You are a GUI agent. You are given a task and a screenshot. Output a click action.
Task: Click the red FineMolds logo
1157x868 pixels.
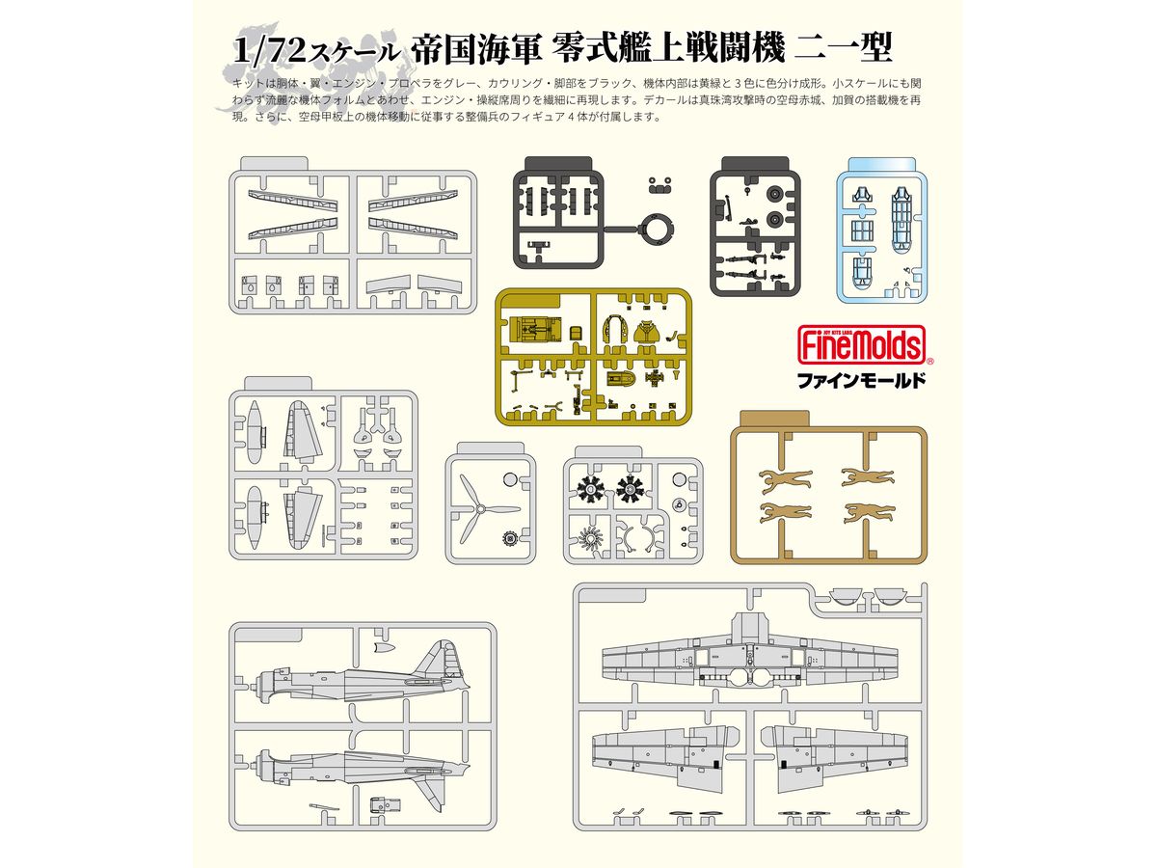pos(861,344)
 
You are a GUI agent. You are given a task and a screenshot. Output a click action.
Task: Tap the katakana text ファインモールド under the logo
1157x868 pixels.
pos(861,381)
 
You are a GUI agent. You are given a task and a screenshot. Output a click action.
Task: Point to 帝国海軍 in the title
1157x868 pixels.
pos(476,49)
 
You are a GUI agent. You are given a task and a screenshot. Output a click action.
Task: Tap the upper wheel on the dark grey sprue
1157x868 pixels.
pos(775,195)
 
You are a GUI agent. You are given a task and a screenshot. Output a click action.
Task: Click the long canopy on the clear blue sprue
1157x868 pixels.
pos(901,219)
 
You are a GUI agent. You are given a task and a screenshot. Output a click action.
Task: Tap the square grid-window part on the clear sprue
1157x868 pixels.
pos(862,230)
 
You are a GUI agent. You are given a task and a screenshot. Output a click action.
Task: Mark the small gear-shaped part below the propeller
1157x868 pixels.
pos(509,538)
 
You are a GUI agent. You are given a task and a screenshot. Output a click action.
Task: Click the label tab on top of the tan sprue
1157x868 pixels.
pos(774,420)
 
